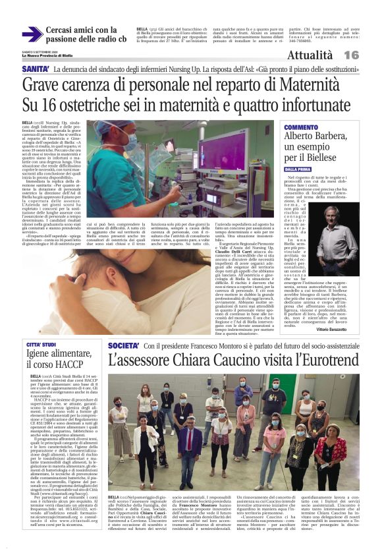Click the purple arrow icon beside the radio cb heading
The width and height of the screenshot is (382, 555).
[x=32, y=35]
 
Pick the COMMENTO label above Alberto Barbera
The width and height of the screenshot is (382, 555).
[x=301, y=127]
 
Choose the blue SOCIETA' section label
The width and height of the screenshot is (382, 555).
[x=124, y=345]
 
